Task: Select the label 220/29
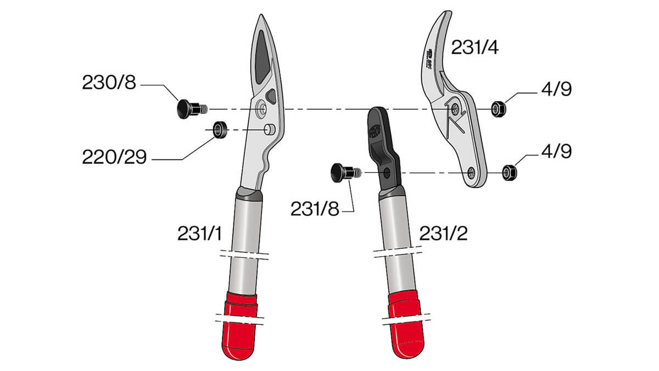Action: (114, 158)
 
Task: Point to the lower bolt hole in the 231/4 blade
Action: (471, 173)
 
